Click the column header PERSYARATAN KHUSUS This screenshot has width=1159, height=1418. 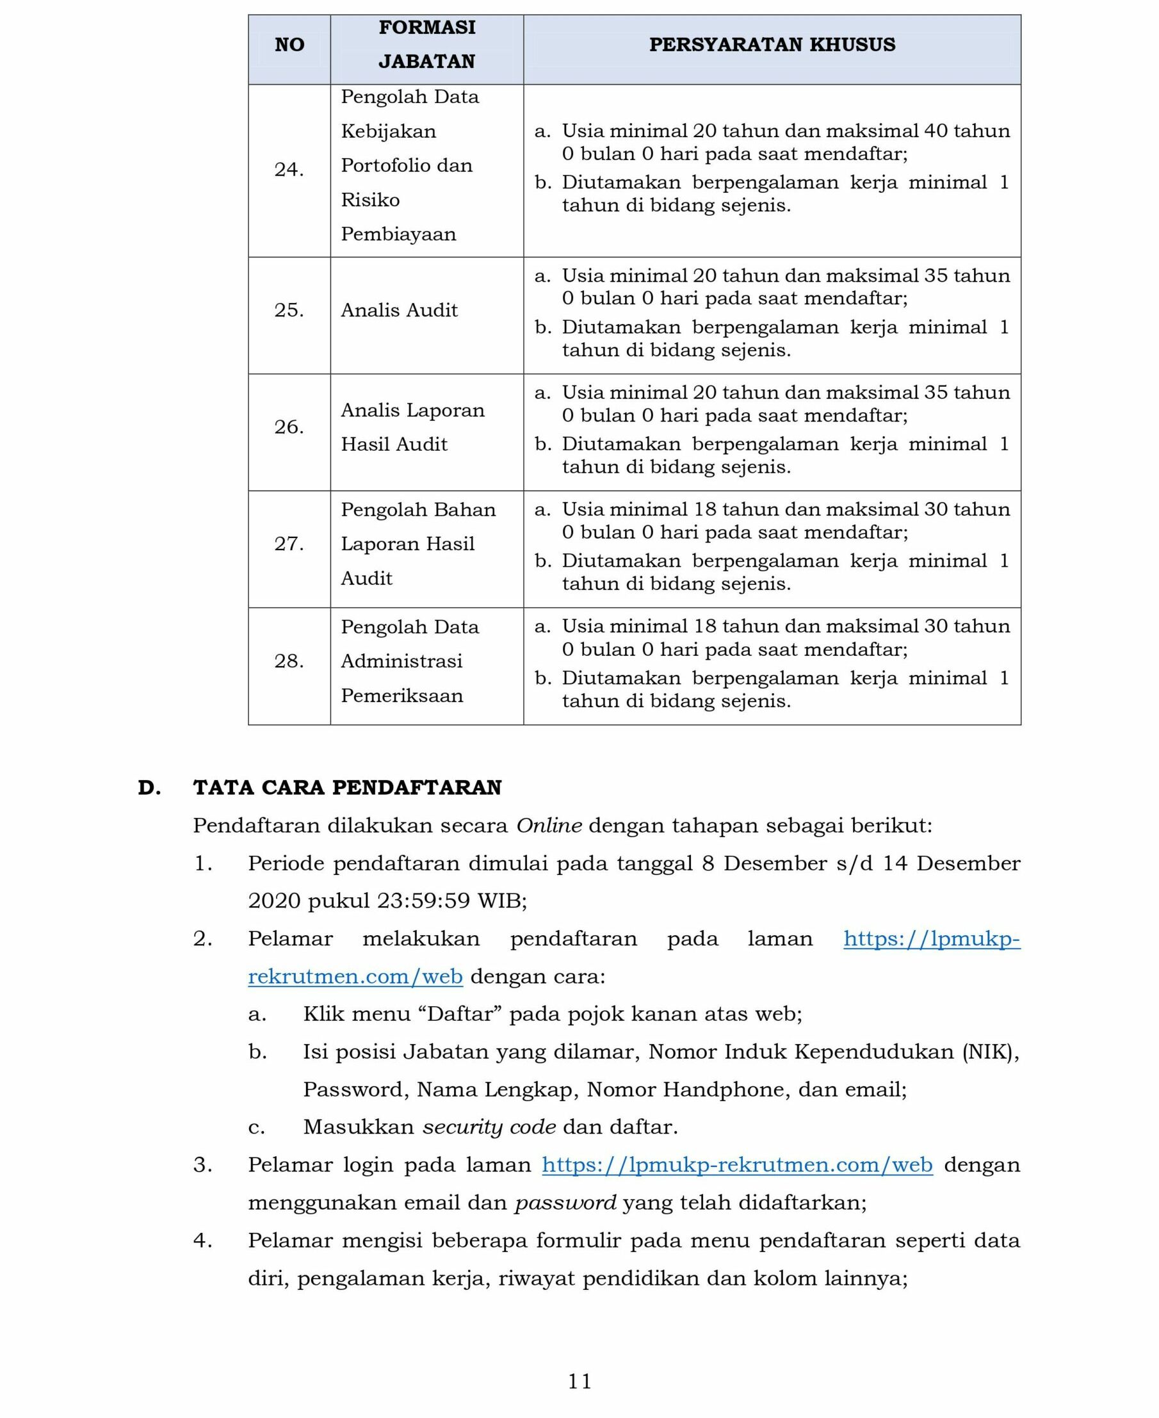772,45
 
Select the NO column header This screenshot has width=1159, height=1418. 289,45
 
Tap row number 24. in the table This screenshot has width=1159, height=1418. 289,170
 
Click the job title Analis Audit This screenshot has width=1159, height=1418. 399,310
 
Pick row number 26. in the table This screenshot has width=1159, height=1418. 289,427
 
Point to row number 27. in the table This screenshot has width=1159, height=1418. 289,544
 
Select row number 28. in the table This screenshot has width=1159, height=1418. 289,661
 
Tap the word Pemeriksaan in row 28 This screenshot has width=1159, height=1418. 402,696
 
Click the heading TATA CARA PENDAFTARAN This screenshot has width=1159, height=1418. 347,788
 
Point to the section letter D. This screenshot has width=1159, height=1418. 150,788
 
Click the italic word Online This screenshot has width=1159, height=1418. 549,826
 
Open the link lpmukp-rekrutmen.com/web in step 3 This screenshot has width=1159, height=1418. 737,1164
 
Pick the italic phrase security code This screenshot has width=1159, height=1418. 489,1127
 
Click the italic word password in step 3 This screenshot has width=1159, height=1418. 565,1202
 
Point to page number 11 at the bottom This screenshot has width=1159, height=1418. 579,1381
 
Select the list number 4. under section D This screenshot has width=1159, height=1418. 202,1241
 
